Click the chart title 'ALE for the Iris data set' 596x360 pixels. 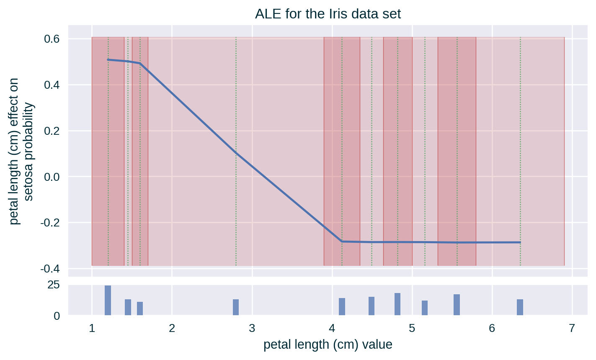(328, 14)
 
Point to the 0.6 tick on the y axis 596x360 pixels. (52, 39)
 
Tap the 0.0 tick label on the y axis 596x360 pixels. (52, 177)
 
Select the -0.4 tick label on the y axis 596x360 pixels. (50, 268)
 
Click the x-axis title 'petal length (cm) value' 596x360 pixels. (328, 345)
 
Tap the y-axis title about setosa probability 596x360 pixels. (21, 151)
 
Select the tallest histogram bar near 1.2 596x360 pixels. (108, 300)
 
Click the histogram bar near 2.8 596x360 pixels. (236, 307)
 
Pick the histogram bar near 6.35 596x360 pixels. (520, 307)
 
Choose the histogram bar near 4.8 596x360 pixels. (397, 304)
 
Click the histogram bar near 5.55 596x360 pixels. (457, 304)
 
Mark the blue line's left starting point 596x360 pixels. (108, 60)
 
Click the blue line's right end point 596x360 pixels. (520, 242)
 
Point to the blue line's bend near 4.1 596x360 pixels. (342, 242)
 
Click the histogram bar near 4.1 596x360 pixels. (342, 306)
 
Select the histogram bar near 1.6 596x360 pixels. (140, 308)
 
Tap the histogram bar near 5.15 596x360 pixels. (425, 308)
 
